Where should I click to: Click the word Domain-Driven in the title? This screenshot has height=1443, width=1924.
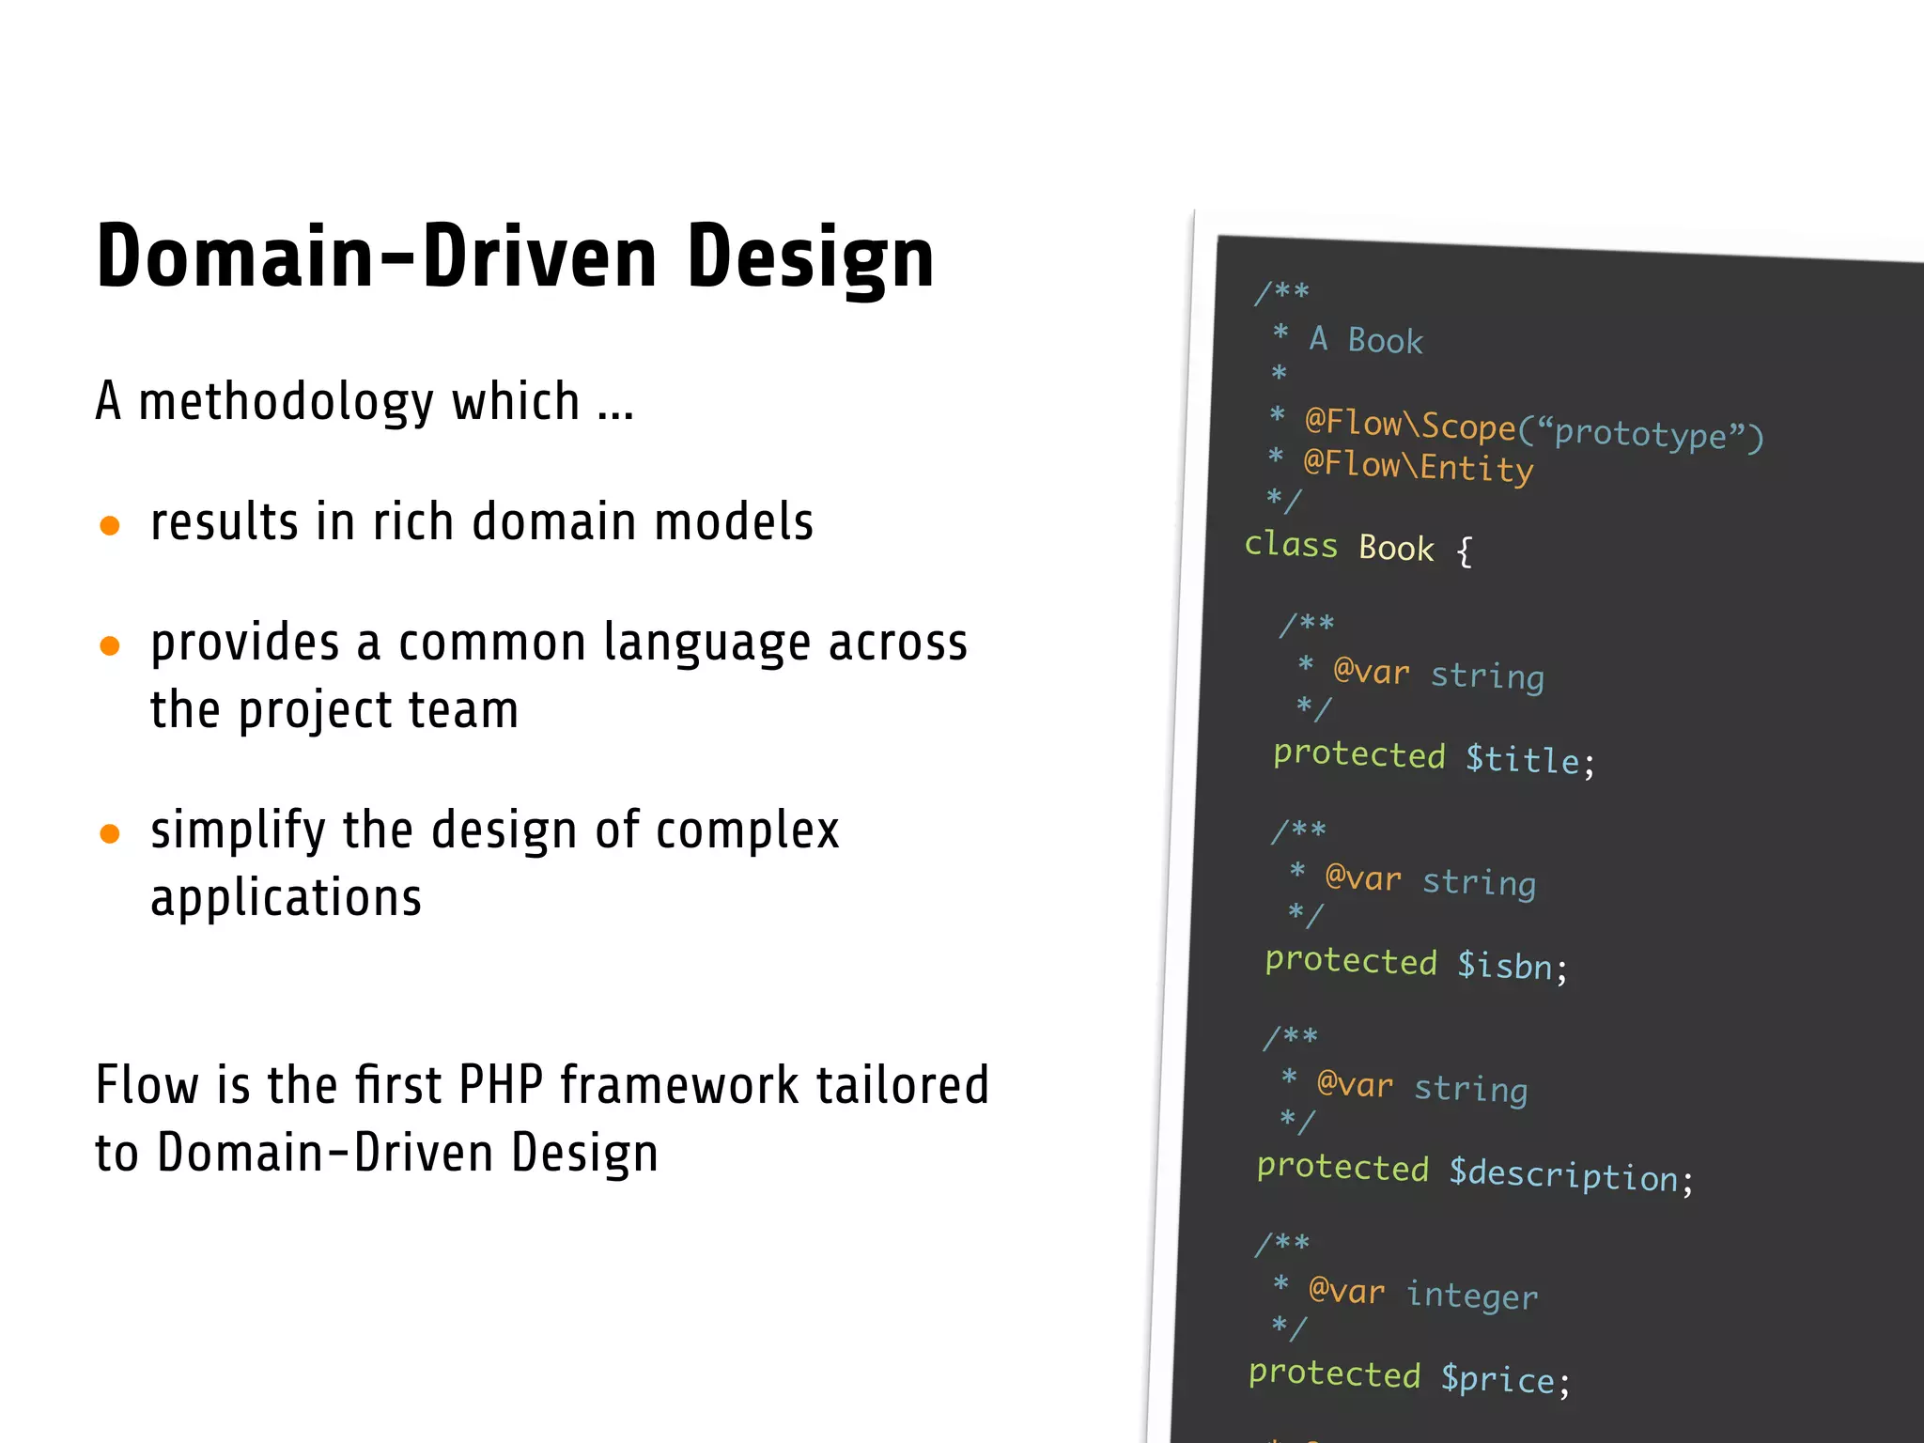pos(376,256)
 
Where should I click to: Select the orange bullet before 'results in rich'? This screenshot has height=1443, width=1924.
pos(110,524)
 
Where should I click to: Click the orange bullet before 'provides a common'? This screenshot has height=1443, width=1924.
pos(110,645)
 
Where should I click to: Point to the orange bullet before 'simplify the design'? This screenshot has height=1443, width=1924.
pos(110,833)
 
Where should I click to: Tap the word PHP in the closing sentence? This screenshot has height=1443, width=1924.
pos(501,1085)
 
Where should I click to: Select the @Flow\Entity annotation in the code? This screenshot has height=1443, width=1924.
pos(1418,466)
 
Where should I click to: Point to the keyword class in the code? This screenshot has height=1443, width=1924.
pos(1291,545)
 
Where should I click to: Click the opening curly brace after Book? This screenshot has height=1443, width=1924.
pos(1464,551)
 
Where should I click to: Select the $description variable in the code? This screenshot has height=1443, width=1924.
pos(1562,1175)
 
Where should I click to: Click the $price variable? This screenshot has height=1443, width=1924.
pos(1497,1379)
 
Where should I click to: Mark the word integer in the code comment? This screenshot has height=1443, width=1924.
pos(1471,1296)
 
